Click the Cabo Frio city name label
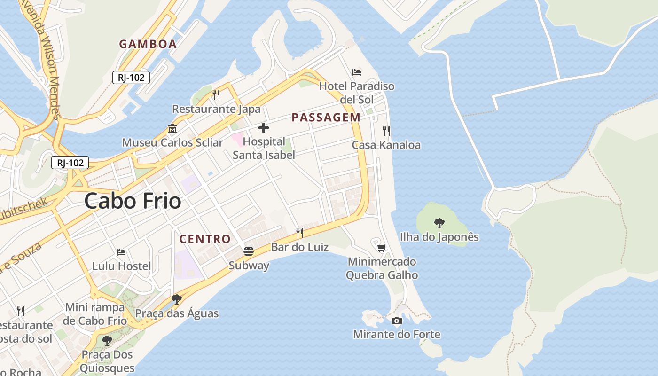(133, 201)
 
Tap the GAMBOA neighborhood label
(148, 44)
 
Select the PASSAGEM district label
(326, 117)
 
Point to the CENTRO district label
(205, 239)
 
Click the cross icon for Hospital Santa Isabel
(264, 128)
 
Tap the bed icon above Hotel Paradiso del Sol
(357, 72)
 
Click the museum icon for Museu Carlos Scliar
(172, 128)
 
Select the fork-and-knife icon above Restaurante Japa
(216, 95)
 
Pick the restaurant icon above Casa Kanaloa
(386, 131)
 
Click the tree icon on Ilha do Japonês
(439, 223)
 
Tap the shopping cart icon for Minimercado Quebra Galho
(382, 247)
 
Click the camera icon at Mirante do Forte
(397, 321)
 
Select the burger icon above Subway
(249, 251)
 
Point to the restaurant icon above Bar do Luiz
(299, 233)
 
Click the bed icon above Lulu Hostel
(121, 252)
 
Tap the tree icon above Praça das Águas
(177, 299)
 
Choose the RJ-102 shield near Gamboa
(131, 78)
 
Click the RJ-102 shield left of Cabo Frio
(70, 163)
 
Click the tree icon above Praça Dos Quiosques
(107, 340)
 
